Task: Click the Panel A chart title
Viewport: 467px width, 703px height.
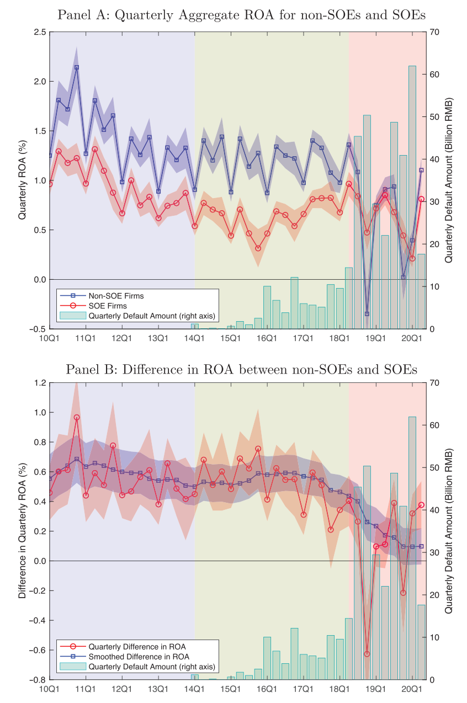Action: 242,15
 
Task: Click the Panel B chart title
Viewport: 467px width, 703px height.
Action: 242,369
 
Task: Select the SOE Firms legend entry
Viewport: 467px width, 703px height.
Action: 108,306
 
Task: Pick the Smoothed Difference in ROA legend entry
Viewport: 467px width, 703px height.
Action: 139,657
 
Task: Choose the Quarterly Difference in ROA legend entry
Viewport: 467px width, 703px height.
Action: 137,646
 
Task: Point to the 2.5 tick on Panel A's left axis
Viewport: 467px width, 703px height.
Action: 40,32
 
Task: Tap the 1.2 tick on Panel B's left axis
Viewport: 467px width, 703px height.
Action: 40,382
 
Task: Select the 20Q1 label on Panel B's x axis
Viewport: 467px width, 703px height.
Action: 412,688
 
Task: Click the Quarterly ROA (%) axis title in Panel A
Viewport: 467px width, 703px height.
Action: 23,180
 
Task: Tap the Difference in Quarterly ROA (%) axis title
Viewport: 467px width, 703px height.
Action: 23,531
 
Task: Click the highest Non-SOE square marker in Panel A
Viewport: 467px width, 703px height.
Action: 77,67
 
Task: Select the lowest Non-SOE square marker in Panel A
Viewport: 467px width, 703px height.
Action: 367,314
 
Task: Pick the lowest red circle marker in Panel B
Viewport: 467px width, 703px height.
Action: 367,654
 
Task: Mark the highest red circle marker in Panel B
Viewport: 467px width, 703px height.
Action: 77,417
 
